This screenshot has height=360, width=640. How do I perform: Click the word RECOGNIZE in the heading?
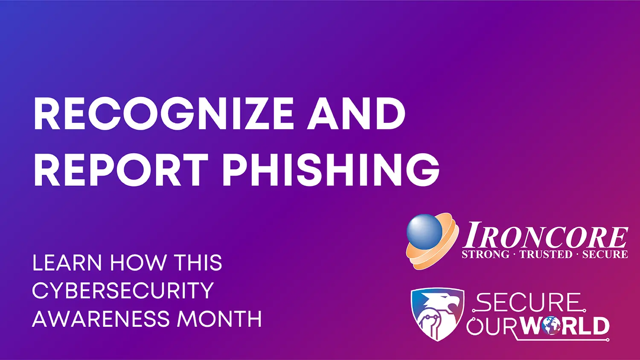163,113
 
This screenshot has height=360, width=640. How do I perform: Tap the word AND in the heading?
356,113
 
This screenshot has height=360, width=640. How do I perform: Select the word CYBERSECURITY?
123,290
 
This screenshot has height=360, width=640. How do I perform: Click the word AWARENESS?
101,319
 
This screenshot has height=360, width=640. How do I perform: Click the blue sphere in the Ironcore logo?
424,232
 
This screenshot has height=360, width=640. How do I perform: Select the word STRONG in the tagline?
486,254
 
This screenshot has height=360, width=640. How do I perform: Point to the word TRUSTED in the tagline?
546,254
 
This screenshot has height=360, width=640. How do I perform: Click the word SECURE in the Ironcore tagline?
605,254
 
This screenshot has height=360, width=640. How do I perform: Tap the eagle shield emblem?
437,314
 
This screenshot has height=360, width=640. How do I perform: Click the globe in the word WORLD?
552,325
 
